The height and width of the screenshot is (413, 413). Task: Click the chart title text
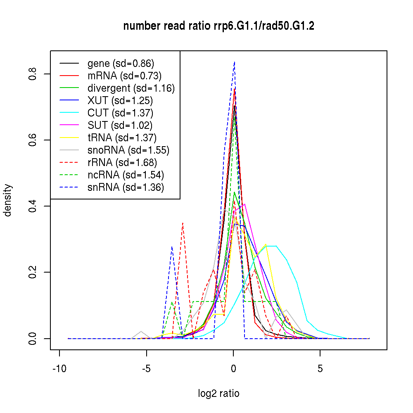(x=218, y=26)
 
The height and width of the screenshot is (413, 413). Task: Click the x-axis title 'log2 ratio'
(x=218, y=394)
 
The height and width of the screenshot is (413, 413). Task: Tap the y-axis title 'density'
(x=7, y=200)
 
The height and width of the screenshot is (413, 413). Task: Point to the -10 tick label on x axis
(x=59, y=369)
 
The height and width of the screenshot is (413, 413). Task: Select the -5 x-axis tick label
(x=146, y=369)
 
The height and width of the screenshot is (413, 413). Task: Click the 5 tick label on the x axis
(x=320, y=369)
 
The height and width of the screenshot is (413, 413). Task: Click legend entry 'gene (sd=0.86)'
(x=121, y=64)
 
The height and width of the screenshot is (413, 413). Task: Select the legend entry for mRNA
(x=124, y=76)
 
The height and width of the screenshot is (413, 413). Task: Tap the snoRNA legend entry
(x=128, y=150)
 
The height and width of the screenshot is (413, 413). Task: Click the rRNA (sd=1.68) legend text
(x=122, y=162)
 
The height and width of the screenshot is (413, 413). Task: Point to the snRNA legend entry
(x=126, y=187)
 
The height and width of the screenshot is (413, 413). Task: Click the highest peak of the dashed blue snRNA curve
(x=234, y=62)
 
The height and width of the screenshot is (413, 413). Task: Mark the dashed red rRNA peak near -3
(x=183, y=223)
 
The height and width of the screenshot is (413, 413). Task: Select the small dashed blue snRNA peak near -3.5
(x=172, y=247)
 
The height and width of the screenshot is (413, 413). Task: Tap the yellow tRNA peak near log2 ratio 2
(x=266, y=244)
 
